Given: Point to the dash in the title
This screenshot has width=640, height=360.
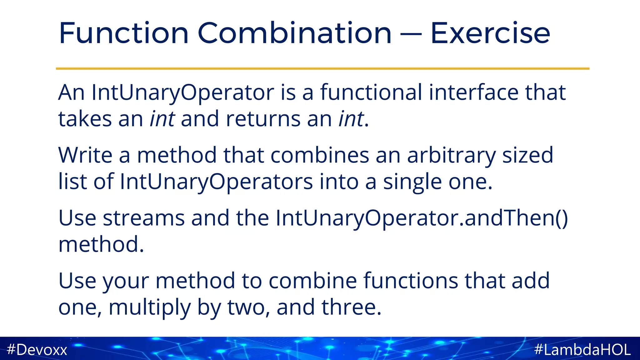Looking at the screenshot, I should [411, 34].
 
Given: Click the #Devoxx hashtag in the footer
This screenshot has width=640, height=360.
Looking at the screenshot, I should [37, 349].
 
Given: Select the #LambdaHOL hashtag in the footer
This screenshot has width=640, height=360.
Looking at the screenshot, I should [582, 349].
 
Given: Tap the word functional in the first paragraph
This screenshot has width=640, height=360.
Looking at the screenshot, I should [371, 92].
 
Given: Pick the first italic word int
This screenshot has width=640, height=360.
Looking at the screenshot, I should [162, 119].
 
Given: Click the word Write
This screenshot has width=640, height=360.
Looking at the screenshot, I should [85, 155].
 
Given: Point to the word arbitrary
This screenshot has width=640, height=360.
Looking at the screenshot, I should [451, 156].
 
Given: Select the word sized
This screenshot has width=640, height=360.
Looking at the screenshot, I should [527, 156].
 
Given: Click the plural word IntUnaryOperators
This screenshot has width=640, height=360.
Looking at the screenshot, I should [216, 182].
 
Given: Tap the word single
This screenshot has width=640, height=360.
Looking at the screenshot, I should [412, 182].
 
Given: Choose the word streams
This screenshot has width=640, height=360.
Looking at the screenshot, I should [144, 218].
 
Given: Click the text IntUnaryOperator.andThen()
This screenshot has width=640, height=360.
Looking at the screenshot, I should [422, 218].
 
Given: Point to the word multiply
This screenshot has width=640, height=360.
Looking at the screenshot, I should [149, 307].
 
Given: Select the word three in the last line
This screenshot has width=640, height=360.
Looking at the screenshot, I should [351, 307].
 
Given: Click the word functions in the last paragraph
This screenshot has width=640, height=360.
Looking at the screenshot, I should [410, 281].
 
